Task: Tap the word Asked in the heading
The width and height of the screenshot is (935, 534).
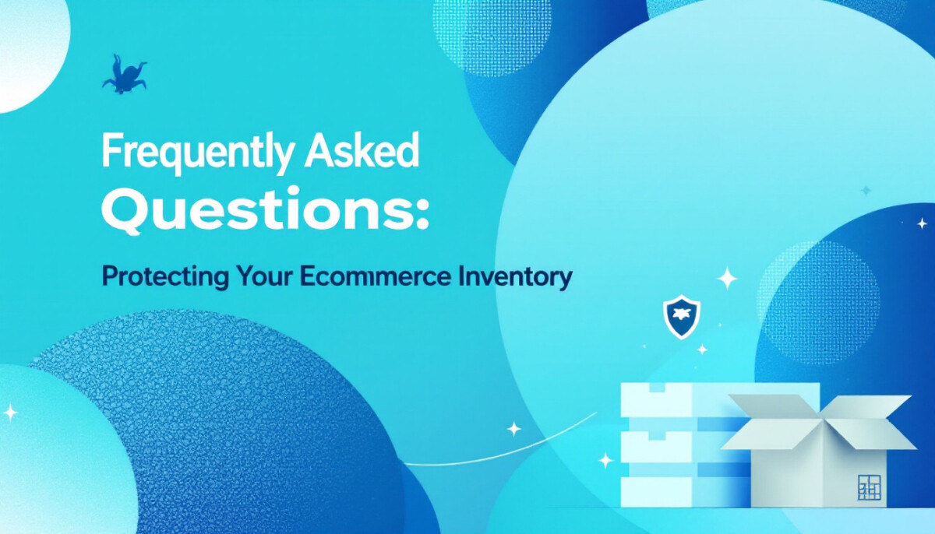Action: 362,149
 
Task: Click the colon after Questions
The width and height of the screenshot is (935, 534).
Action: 422,216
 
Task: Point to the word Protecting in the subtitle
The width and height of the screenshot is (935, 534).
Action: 165,277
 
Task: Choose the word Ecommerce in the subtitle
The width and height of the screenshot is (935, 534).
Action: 375,276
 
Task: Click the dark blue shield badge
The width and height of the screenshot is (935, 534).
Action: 682,316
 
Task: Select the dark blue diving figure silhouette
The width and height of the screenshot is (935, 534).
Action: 124,75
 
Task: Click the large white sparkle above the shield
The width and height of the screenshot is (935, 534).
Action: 727,278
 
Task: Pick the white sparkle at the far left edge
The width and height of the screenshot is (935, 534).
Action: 9,413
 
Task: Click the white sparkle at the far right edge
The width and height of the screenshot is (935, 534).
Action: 922,224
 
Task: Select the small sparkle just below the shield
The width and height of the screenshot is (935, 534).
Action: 703,350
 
